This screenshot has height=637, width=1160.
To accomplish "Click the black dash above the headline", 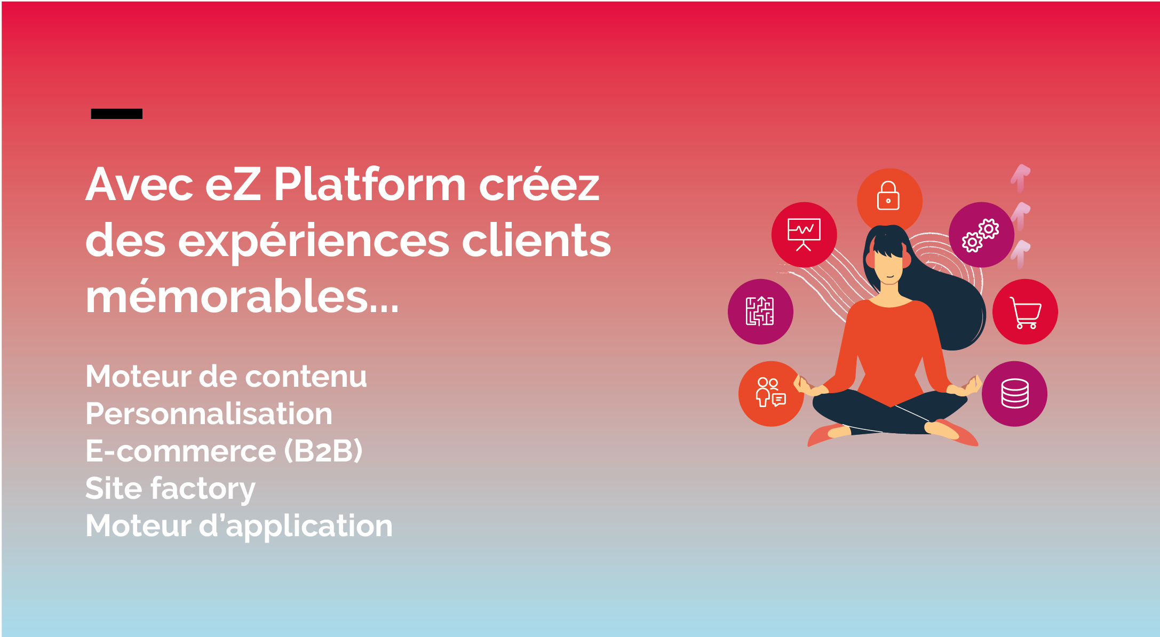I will tap(116, 114).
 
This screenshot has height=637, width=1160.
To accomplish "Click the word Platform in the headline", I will tap(369, 185).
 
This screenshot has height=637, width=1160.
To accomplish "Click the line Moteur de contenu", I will tap(226, 376).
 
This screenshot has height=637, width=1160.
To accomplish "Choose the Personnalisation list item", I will tap(209, 413).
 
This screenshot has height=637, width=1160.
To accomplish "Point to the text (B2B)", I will tap(323, 451).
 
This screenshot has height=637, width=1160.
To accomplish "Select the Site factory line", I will tap(170, 489).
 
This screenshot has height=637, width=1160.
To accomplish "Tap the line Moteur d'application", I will tap(239, 526).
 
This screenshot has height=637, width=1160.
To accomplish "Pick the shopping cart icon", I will tap(1025, 312).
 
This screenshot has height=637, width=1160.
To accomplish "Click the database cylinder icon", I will tap(1014, 394).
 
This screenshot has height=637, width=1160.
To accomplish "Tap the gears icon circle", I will tap(981, 235).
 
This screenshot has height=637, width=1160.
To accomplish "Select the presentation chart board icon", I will tap(804, 235).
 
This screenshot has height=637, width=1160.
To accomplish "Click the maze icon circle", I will tap(760, 312).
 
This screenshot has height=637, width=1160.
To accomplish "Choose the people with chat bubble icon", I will tap(770, 393).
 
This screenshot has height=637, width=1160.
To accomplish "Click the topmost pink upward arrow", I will tap(1020, 177).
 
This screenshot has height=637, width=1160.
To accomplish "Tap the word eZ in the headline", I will tap(233, 185).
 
